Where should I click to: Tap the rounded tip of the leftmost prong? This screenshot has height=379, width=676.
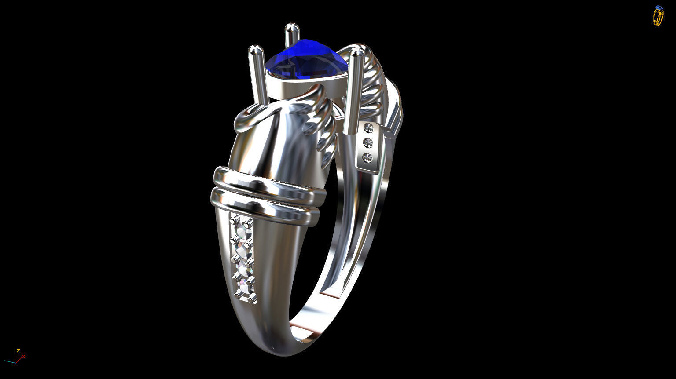click(x=255, y=51)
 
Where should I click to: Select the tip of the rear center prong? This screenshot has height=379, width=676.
click(x=291, y=28)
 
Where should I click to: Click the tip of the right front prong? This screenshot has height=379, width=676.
click(x=357, y=54)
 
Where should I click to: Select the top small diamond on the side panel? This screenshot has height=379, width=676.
click(x=368, y=128)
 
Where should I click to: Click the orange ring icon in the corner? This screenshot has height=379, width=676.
click(x=658, y=16)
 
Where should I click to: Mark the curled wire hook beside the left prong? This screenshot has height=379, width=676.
click(x=251, y=115)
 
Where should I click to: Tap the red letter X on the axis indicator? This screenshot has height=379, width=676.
click(x=24, y=357)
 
